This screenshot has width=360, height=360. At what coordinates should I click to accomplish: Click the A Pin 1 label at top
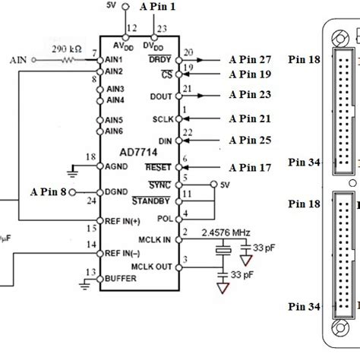click(x=159, y=7)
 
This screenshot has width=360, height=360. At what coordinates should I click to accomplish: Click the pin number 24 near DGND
click(x=91, y=201)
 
